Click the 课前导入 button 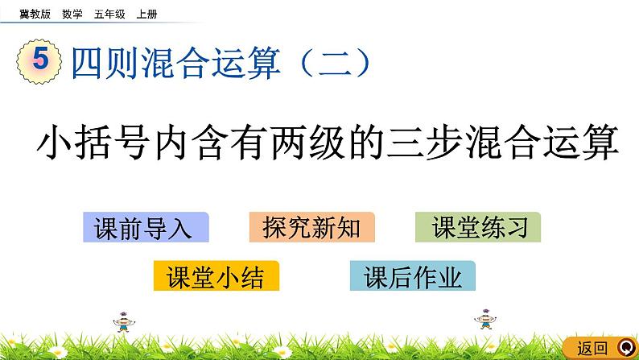146,229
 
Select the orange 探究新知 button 311,229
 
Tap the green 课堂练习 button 478,229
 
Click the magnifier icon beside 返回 625,348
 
